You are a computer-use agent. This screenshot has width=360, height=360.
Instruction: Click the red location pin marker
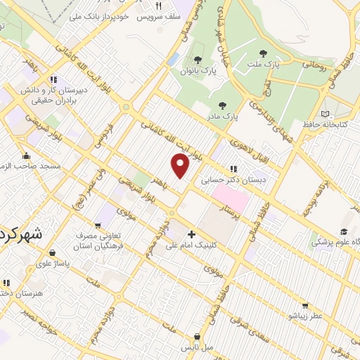point(181,167)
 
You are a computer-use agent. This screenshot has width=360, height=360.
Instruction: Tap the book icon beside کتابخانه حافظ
point(324,113)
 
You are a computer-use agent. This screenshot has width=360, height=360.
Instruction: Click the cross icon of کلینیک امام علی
point(191,234)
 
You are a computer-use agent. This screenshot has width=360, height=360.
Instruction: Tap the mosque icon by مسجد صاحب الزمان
point(27,156)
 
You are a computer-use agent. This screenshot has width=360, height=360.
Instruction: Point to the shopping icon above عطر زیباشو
point(304,305)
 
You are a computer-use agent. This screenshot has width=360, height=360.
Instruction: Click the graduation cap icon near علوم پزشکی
point(344,232)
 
